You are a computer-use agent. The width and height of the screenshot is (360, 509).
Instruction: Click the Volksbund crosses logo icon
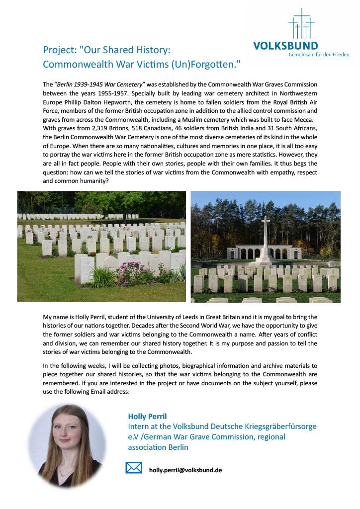[301, 23]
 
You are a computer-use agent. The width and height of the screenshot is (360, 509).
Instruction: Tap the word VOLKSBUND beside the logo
[285, 46]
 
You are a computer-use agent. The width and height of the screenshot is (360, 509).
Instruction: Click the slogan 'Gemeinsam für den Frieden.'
[320, 55]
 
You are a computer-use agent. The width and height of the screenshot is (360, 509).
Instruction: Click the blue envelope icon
[133, 468]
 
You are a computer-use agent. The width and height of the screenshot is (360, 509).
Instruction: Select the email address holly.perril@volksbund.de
[185, 470]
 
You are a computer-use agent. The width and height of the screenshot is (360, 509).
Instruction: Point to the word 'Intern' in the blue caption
[140, 426]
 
